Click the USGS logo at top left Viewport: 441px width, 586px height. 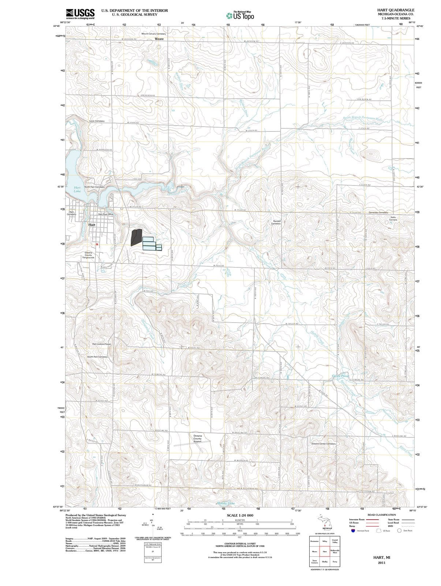(x=80, y=14)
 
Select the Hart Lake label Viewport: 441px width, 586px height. (x=77, y=189)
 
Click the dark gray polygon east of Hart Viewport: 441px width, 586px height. (x=136, y=237)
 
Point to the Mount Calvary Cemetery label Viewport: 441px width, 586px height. (x=154, y=34)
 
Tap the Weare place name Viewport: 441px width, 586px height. (x=159, y=38)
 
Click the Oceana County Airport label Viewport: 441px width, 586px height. (x=197, y=438)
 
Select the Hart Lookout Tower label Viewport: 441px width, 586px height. (x=101, y=344)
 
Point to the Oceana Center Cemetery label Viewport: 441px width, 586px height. (x=323, y=444)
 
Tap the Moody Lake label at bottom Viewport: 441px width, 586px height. (x=226, y=503)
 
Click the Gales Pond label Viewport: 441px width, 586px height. (x=340, y=376)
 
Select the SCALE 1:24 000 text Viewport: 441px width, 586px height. (x=240, y=515)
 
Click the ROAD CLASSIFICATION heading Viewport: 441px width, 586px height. (x=382, y=515)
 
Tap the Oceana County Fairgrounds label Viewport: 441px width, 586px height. (x=88, y=255)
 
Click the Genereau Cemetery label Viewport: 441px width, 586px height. (x=378, y=212)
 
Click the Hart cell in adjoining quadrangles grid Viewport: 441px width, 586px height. (x=325, y=551)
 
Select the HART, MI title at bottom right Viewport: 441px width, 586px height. (x=381, y=557)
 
